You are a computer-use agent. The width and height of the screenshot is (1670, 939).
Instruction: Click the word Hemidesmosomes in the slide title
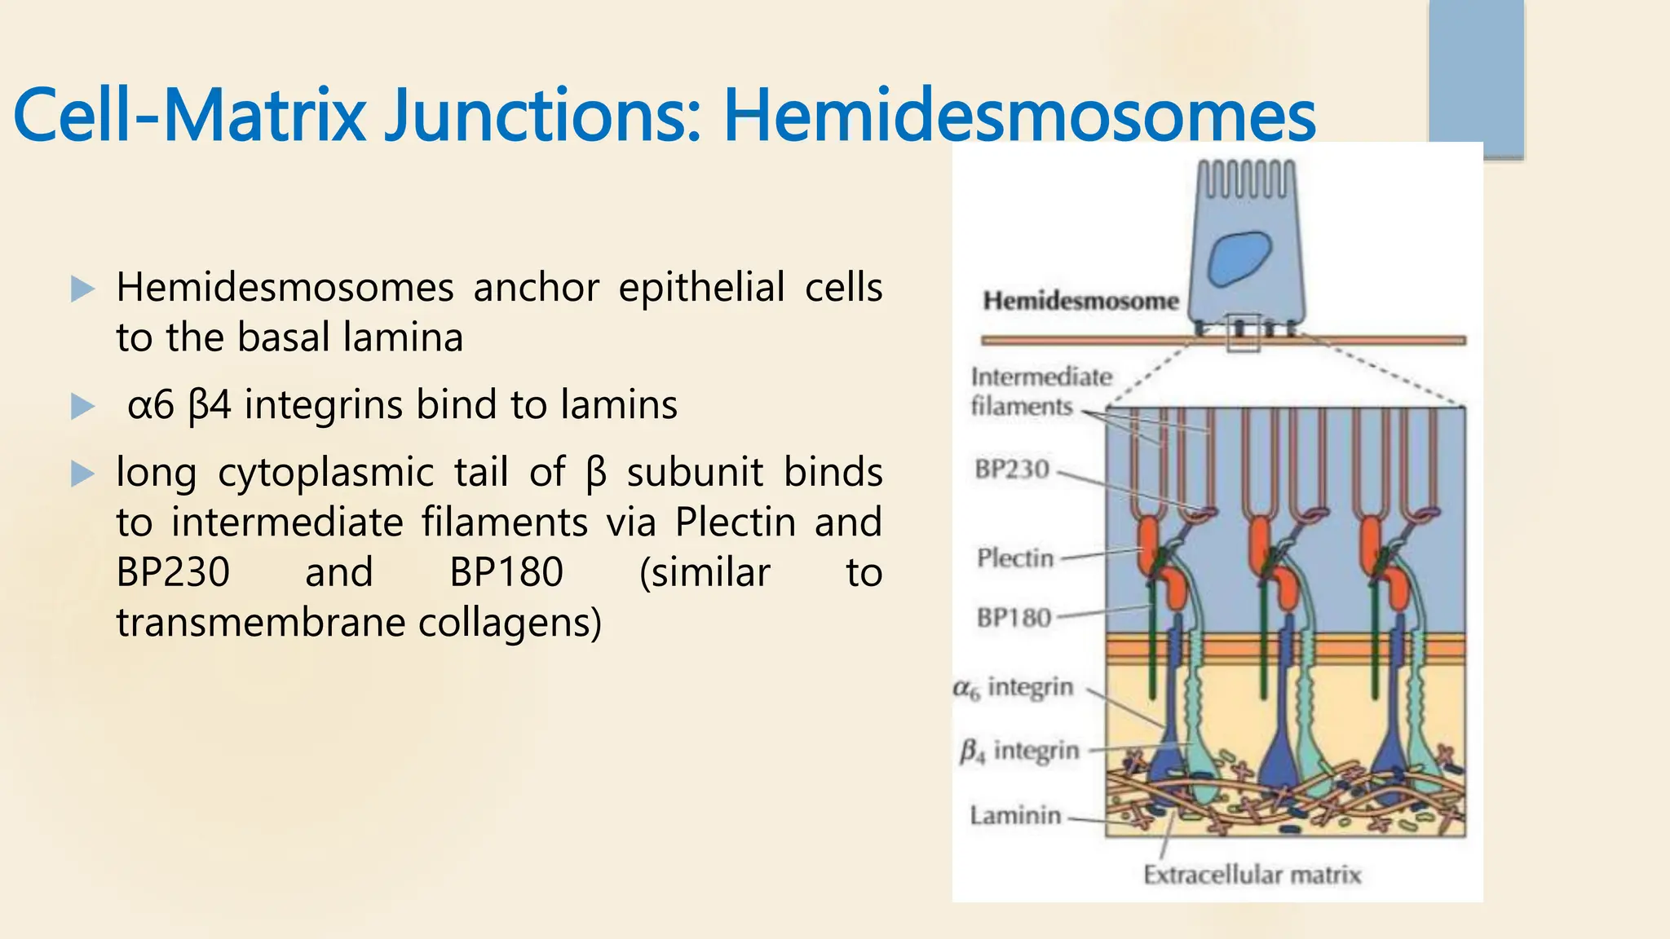tap(1019, 115)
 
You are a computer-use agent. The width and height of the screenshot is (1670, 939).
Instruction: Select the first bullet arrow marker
tap(82, 289)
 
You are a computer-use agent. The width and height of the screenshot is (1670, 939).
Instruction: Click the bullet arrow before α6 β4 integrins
tap(82, 406)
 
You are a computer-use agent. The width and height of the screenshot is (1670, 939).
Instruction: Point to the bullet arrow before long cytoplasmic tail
tap(82, 474)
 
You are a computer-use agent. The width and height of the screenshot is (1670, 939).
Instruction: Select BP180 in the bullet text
tap(506, 572)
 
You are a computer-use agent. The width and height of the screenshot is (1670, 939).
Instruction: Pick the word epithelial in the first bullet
tap(701, 288)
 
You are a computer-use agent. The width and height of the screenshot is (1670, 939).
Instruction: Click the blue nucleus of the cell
tap(1239, 258)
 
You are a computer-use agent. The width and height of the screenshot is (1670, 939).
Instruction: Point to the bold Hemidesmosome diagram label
tap(1080, 301)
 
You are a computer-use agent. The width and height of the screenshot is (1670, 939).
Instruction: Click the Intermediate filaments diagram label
tap(1040, 391)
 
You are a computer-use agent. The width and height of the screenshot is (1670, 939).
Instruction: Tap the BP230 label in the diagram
tap(1012, 469)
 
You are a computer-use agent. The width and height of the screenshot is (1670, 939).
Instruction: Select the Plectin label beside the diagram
tap(1015, 558)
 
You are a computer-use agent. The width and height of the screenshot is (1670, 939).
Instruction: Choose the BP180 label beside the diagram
tap(1014, 618)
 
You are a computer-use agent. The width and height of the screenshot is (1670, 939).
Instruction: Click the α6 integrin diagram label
tap(1014, 688)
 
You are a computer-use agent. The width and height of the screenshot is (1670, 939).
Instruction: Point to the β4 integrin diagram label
tap(1019, 751)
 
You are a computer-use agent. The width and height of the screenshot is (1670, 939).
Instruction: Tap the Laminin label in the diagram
tap(1015, 815)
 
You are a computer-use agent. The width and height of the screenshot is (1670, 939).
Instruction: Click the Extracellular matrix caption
tap(1252, 875)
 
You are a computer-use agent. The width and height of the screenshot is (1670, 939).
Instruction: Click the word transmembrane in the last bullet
tap(262, 623)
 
